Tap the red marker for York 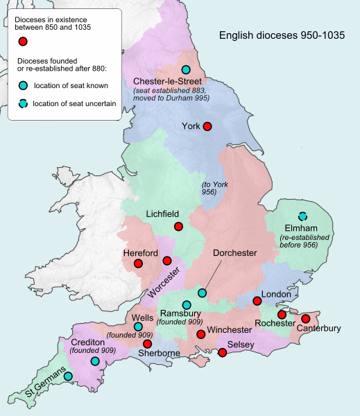click(x=205, y=126)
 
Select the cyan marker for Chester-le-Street click(x=185, y=69)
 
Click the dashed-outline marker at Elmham click(x=302, y=216)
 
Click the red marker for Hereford click(x=138, y=264)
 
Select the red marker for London click(x=257, y=301)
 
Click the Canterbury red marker click(x=305, y=318)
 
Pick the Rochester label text click(x=276, y=324)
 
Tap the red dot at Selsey click(x=222, y=353)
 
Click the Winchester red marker click(x=201, y=334)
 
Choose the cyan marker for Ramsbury click(x=186, y=305)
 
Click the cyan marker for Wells click(x=138, y=327)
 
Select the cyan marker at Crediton click(x=94, y=361)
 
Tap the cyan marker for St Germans click(x=69, y=376)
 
